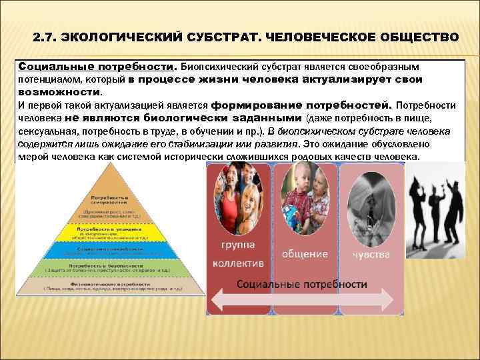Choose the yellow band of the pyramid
112,233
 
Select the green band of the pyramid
112,266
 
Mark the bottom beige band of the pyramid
112,285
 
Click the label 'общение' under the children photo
305,254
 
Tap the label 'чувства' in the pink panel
371,253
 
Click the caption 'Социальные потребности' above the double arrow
302,284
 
